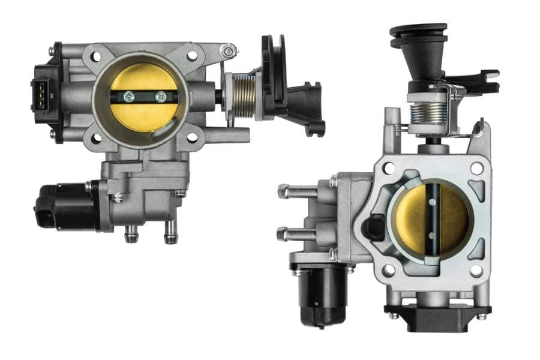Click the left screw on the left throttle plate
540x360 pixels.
click(128, 95)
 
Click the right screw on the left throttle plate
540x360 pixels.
click(160, 96)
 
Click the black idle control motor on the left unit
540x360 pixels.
click(63, 205)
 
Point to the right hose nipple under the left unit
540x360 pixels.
click(171, 231)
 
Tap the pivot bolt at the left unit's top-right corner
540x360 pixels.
click(228, 51)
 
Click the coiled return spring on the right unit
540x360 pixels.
click(427, 113)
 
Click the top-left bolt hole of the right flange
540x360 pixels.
click(388, 169)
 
